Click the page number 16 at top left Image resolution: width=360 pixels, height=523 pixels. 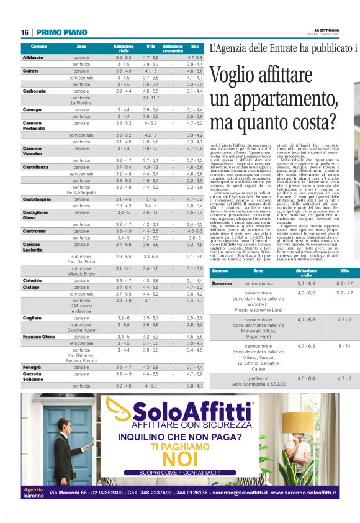[25, 32]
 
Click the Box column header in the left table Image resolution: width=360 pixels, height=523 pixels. [195, 47]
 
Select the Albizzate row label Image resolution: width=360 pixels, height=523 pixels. [33, 57]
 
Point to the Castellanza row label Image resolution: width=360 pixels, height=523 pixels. [35, 167]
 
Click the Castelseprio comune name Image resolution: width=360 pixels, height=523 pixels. [37, 199]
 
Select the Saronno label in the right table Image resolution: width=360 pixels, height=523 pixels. [222, 283]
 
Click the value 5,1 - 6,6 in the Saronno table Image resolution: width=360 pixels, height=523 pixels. [306, 283]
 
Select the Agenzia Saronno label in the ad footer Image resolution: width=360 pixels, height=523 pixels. [35, 493]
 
